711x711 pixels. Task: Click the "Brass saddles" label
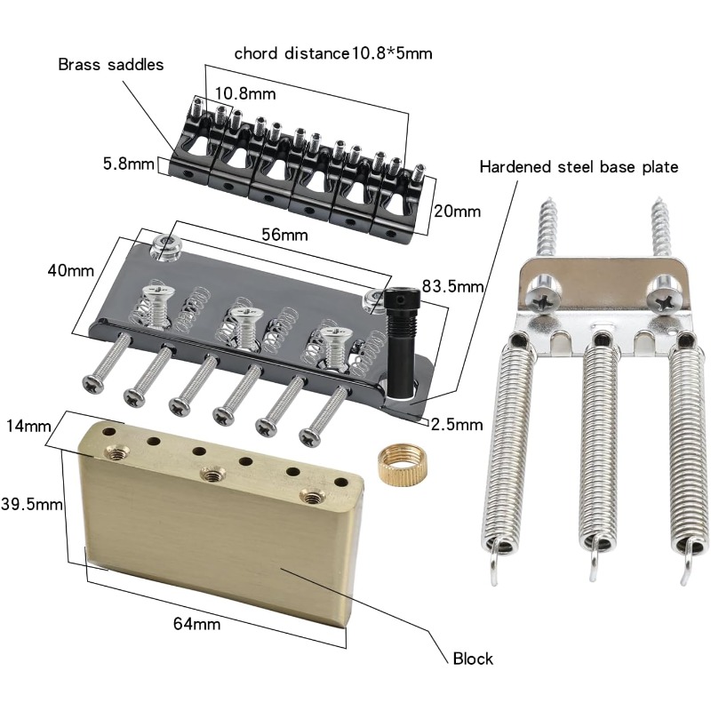tap(111, 65)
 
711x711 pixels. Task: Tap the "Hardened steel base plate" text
tap(579, 166)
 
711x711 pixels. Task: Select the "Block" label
tap(472, 659)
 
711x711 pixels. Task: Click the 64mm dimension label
tap(196, 624)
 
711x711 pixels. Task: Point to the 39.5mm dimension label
tap(32, 504)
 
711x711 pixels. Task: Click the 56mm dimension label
tap(284, 235)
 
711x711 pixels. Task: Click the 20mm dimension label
tap(456, 212)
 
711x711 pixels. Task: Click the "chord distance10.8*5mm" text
tap(333, 53)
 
